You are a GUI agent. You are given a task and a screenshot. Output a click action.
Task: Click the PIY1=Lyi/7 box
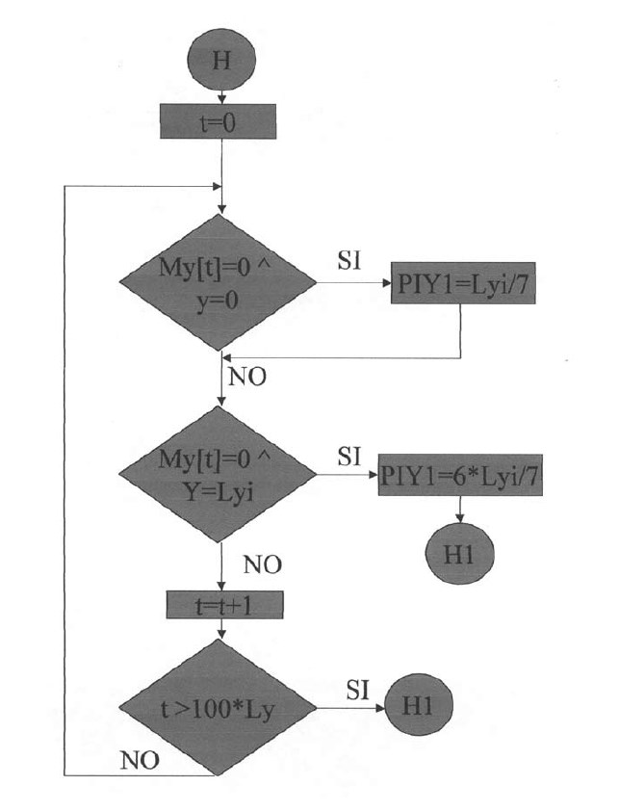click(x=462, y=286)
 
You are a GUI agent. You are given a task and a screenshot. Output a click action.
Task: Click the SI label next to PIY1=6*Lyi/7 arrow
click(x=349, y=456)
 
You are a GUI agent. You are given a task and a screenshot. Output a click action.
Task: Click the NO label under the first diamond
click(x=247, y=376)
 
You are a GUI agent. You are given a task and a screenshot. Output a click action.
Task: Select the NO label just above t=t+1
click(x=262, y=564)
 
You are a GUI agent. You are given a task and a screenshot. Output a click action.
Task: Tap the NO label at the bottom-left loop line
click(x=141, y=761)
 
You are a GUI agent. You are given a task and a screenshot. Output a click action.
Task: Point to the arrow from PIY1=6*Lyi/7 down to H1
click(x=460, y=511)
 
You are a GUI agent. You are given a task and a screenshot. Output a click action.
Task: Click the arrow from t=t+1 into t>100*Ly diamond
click(x=222, y=628)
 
